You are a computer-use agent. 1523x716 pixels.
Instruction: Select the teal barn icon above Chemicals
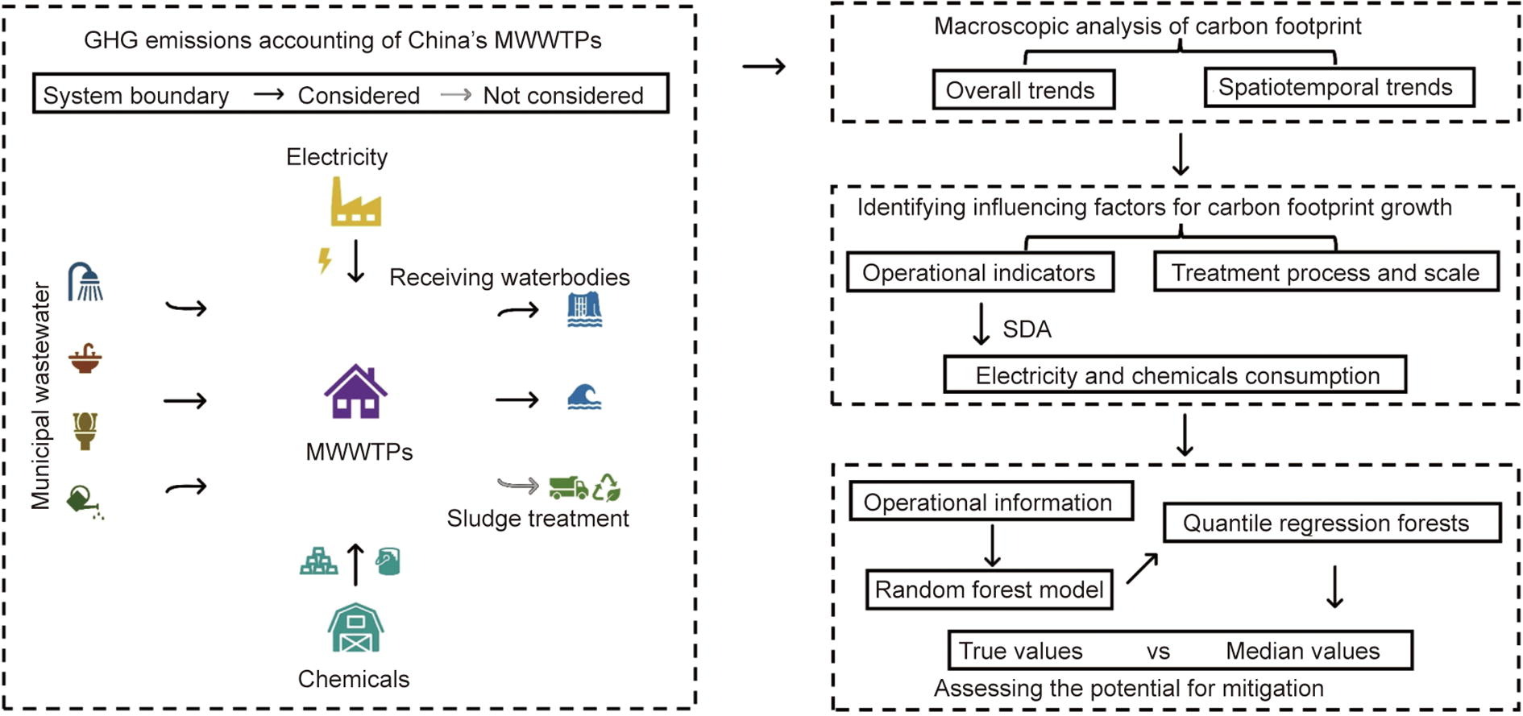pyautogui.click(x=355, y=627)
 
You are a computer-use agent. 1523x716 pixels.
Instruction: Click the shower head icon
pyautogui.click(x=85, y=282)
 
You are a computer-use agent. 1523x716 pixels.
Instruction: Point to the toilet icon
pyautogui.click(x=85, y=430)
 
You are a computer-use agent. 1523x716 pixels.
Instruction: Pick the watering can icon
pyautogui.click(x=84, y=501)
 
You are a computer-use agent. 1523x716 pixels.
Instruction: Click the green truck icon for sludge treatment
pyautogui.click(x=568, y=487)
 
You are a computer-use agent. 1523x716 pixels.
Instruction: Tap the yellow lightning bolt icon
pyautogui.click(x=324, y=260)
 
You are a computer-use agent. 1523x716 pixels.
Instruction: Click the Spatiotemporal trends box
pyautogui.click(x=1338, y=87)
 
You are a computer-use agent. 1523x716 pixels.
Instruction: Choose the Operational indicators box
pyautogui.click(x=980, y=272)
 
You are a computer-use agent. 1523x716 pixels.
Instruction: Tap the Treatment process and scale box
pyautogui.click(x=1326, y=272)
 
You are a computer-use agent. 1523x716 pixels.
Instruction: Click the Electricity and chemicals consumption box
pyautogui.click(x=1176, y=375)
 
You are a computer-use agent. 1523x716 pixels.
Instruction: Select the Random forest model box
pyautogui.click(x=989, y=590)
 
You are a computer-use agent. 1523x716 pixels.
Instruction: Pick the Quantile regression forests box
pyautogui.click(x=1331, y=523)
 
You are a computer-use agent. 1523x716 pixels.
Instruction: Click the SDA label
pyautogui.click(x=1027, y=329)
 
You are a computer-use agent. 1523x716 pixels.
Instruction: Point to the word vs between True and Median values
pyautogui.click(x=1158, y=651)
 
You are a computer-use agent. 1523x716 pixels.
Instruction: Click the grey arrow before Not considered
pyautogui.click(x=456, y=95)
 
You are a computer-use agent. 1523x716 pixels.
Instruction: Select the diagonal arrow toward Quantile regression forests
pyautogui.click(x=1142, y=568)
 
